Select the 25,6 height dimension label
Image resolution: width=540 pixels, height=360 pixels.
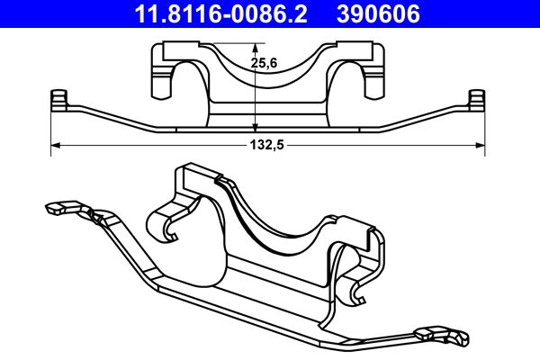(x=263, y=63)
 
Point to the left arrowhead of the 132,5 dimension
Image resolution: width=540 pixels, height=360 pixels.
(x=55, y=144)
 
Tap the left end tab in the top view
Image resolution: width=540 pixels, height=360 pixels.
(x=59, y=99)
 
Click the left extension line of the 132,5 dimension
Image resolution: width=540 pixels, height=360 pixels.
(x=50, y=126)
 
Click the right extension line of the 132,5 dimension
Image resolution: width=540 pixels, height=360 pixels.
(x=485, y=126)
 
